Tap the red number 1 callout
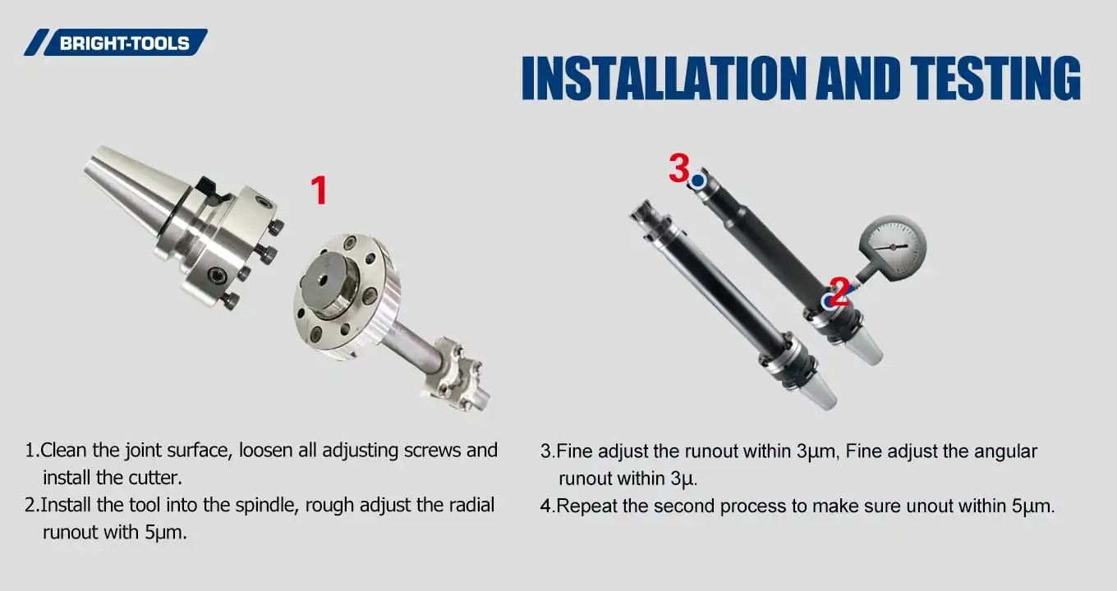318,190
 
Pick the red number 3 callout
678,168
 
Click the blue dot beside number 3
698,181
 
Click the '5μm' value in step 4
1032,506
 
